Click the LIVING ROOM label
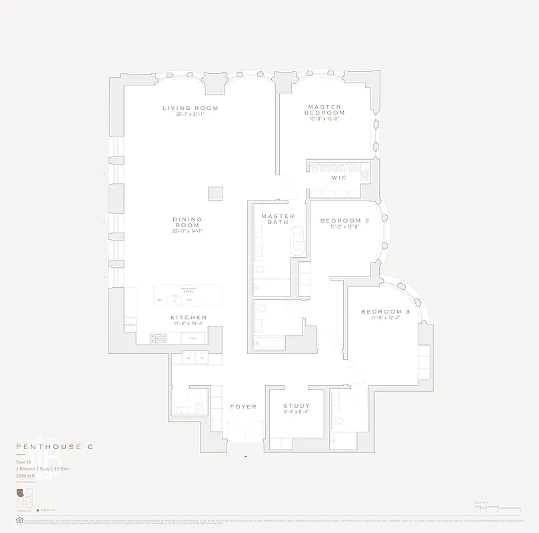click(x=190, y=108)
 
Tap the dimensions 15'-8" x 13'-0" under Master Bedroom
click(x=325, y=120)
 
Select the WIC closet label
click(x=338, y=178)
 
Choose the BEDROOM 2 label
click(x=344, y=221)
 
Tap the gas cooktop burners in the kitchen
click(x=159, y=338)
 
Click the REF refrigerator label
click(x=193, y=338)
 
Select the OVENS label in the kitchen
click(x=130, y=326)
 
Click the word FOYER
click(x=243, y=407)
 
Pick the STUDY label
click(x=296, y=406)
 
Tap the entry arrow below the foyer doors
click(x=246, y=456)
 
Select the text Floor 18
click(x=25, y=461)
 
